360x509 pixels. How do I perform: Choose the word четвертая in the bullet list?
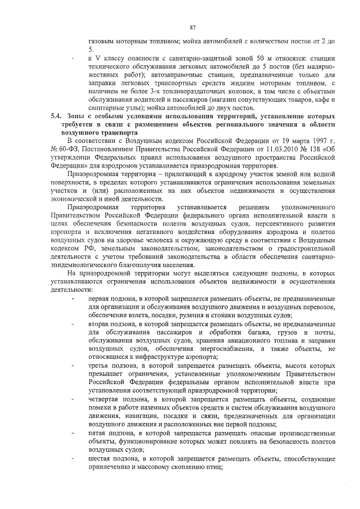[107, 397]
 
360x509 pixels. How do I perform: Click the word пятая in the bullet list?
[98, 434]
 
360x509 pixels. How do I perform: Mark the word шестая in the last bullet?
[100, 458]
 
